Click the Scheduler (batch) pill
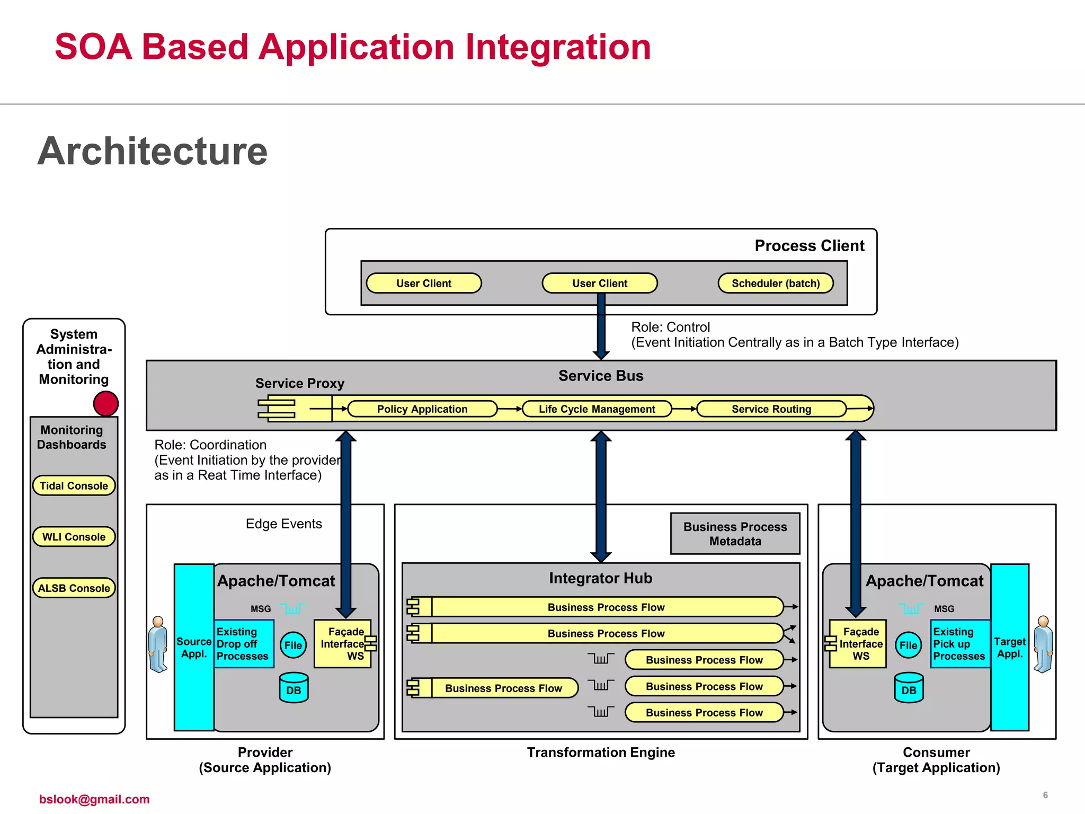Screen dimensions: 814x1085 [775, 283]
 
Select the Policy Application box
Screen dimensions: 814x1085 [422, 409]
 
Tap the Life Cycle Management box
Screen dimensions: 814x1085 [597, 409]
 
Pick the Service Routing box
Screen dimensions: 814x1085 [771, 409]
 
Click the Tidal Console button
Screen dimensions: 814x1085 [74, 485]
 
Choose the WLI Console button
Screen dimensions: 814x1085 [74, 537]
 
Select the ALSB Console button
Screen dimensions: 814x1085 [74, 588]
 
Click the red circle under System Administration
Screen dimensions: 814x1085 [106, 404]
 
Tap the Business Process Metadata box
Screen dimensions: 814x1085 [735, 534]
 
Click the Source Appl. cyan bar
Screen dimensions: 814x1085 [194, 648]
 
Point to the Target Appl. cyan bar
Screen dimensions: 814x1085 [1010, 648]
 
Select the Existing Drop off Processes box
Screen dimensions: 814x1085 [244, 644]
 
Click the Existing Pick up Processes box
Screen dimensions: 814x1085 [959, 644]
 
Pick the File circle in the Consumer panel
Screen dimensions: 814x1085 [908, 645]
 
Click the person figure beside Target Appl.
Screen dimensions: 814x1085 [1043, 644]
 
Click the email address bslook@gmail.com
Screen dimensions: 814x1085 [94, 799]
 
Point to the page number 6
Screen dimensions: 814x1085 [1045, 795]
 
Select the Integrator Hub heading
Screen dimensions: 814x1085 [600, 578]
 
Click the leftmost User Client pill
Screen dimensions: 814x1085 [424, 283]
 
